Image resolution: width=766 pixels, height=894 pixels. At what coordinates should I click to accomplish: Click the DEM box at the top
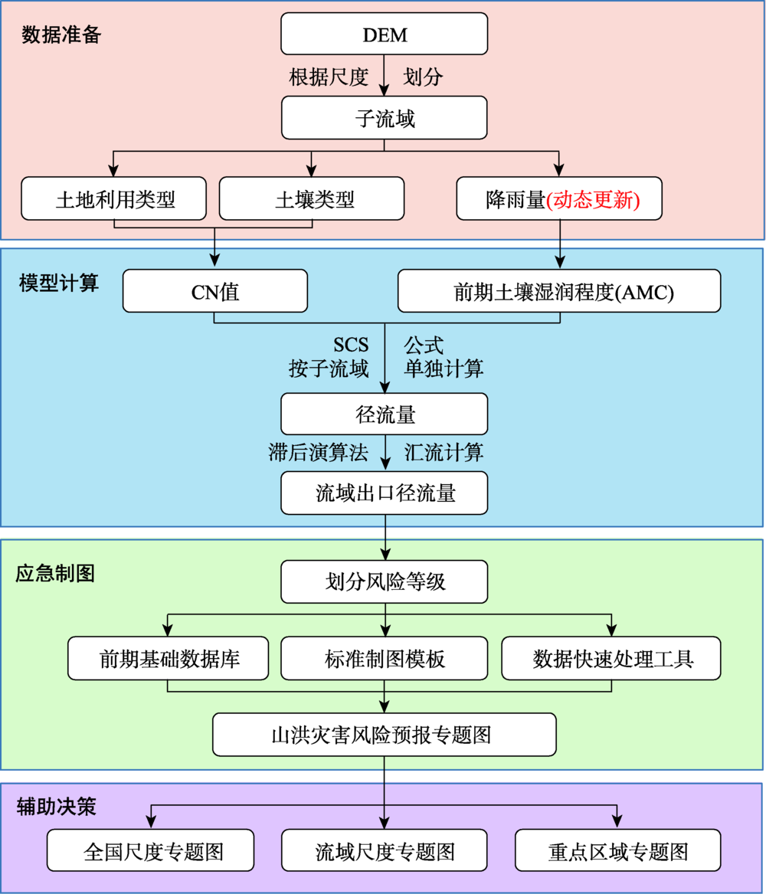coord(384,34)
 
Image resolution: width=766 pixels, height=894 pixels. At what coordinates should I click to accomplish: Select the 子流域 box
coord(384,118)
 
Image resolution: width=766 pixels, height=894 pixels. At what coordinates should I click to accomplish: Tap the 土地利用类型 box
coord(114,199)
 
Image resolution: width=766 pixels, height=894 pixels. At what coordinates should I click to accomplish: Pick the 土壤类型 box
coord(312,199)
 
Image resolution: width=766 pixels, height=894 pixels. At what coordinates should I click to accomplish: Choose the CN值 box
coord(214,291)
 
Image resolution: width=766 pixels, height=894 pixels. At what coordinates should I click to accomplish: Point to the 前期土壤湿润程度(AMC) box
coord(559,291)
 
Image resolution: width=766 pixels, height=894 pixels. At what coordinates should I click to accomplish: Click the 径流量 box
coord(384,414)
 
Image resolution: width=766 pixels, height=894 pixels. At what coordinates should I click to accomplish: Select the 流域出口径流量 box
coord(384,493)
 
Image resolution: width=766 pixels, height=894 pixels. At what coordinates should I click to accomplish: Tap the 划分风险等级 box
coord(384,582)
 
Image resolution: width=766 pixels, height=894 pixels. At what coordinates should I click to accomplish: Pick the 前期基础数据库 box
coord(168,658)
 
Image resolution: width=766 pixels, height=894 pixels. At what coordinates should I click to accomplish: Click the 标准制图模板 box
coord(384,658)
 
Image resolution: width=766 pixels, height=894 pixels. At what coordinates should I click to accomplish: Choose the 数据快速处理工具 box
coord(611,658)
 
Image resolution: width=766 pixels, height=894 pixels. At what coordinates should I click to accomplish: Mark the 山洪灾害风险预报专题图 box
coord(384,735)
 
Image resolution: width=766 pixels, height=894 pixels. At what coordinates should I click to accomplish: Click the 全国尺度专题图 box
coord(151,850)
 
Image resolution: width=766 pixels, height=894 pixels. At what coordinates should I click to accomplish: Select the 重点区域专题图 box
coord(617,850)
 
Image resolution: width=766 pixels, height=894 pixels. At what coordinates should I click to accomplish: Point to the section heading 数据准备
coord(61,34)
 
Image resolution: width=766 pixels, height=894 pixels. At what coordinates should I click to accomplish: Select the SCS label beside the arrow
coord(350,345)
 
